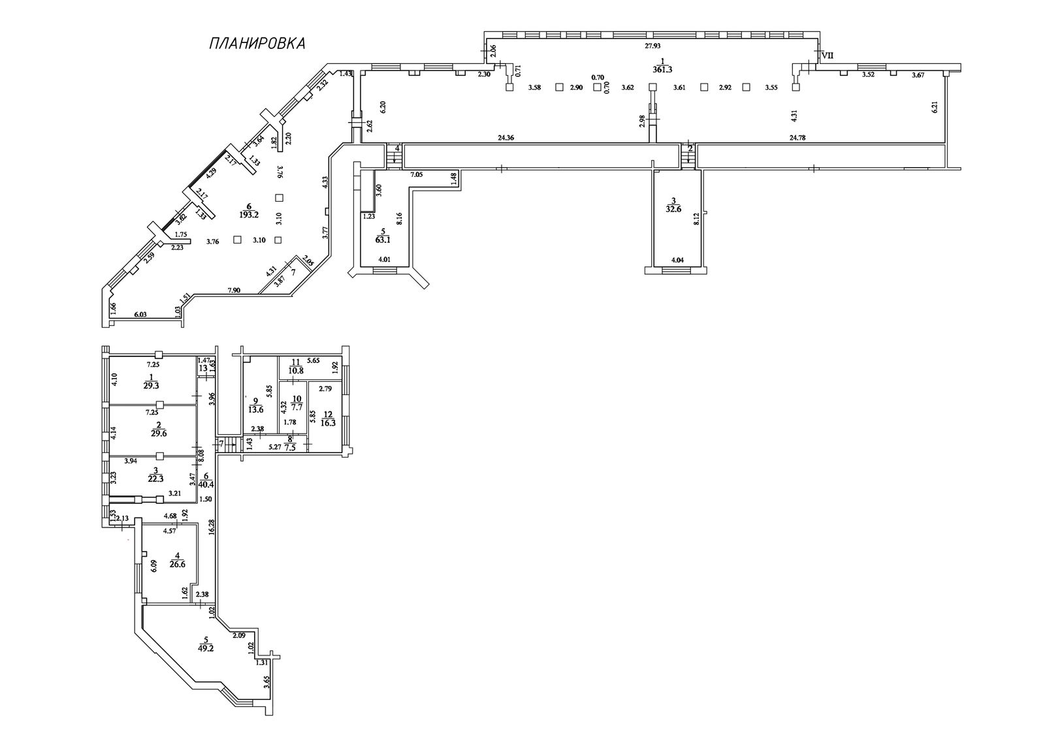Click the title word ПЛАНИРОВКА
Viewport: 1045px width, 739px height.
tap(257, 43)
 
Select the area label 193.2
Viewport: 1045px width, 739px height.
tap(249, 215)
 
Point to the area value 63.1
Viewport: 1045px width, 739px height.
tap(383, 240)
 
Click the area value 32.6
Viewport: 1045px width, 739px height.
tap(673, 210)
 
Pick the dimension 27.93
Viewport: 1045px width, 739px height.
tap(652, 46)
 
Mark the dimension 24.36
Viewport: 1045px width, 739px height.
tap(506, 138)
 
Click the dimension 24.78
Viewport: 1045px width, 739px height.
tap(797, 138)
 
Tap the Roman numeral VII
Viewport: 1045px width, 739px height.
tap(827, 55)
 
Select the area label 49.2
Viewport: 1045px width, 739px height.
tap(206, 648)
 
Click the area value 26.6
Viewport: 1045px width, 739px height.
tap(177, 563)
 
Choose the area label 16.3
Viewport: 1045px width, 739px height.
tap(329, 422)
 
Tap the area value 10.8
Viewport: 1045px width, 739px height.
tap(295, 371)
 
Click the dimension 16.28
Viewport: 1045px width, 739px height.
tap(212, 527)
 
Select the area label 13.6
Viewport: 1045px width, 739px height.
tap(255, 410)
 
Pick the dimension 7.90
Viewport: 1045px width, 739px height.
tap(234, 291)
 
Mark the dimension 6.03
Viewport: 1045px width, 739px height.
tap(140, 315)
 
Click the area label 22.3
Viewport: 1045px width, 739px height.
tap(156, 479)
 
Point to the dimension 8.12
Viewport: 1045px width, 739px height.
tap(696, 219)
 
